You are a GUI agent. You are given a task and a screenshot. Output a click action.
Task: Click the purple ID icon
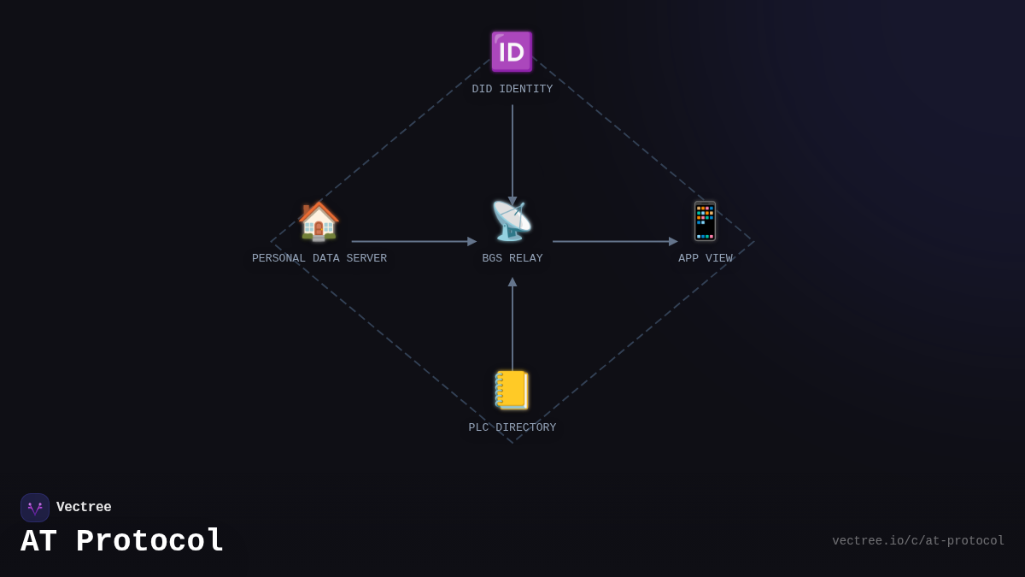tap(512, 52)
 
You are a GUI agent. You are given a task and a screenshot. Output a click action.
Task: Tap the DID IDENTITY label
tap(512, 89)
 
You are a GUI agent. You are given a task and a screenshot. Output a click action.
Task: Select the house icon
tap(319, 221)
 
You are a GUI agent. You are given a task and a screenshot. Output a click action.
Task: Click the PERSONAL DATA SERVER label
tap(319, 258)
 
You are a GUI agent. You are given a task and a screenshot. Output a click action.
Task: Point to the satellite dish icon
tap(512, 221)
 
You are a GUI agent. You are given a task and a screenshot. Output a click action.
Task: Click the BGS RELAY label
tap(512, 258)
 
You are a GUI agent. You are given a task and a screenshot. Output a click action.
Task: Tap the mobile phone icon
tap(705, 221)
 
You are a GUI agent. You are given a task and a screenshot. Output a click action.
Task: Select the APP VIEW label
tap(706, 258)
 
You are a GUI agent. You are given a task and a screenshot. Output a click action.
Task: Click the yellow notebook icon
tap(512, 390)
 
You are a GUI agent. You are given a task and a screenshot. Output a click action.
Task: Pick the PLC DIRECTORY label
tap(512, 427)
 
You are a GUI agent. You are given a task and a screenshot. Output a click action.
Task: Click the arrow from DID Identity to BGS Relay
tap(512, 156)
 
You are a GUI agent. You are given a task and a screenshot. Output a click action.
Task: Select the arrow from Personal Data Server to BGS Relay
tap(414, 241)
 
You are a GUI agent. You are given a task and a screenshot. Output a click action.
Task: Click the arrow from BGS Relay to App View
tap(616, 241)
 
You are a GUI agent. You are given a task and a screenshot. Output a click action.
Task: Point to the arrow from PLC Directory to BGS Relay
tap(512, 324)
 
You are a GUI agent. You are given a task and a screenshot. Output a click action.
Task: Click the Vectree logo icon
tap(35, 508)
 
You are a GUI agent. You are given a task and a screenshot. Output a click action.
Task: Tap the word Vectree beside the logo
tap(84, 507)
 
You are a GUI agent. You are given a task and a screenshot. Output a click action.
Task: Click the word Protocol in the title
tap(149, 541)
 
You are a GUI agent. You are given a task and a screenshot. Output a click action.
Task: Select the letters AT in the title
tap(39, 541)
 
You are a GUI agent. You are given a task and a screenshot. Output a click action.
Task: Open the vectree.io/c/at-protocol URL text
tap(918, 541)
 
